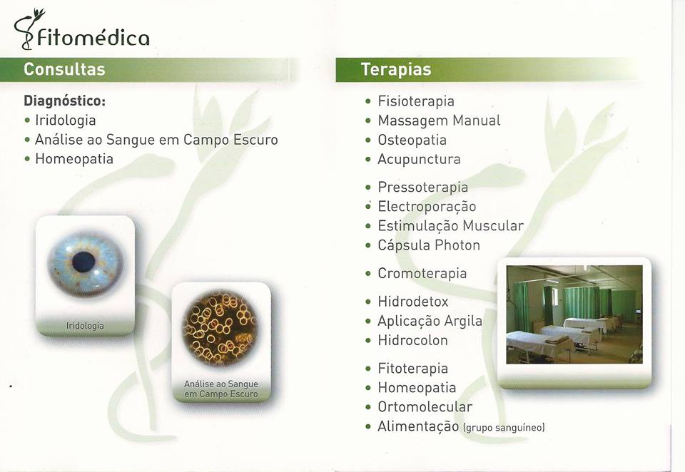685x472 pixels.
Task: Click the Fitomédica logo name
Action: (x=93, y=38)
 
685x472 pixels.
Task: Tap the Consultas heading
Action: (x=64, y=69)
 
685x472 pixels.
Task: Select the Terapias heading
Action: (x=396, y=69)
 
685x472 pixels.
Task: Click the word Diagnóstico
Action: (x=65, y=101)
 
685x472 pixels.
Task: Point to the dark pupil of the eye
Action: (x=83, y=262)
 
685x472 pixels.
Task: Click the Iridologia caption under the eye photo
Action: (x=85, y=326)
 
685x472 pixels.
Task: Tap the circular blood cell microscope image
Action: (x=220, y=328)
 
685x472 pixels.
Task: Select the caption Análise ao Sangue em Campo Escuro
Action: (x=221, y=389)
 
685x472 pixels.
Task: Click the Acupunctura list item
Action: (x=419, y=159)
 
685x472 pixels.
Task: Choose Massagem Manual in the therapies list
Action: (x=439, y=120)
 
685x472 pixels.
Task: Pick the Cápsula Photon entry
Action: (x=429, y=245)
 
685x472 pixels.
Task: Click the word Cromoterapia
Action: (x=422, y=273)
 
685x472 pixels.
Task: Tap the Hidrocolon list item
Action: (x=413, y=340)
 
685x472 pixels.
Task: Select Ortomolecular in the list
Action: (x=425, y=407)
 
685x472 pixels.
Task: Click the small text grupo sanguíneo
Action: (x=504, y=428)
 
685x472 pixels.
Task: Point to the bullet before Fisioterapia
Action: (x=368, y=102)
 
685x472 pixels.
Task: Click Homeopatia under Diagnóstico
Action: (x=74, y=158)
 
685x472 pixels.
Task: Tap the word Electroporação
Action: (x=427, y=207)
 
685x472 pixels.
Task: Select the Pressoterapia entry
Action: (x=423, y=187)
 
